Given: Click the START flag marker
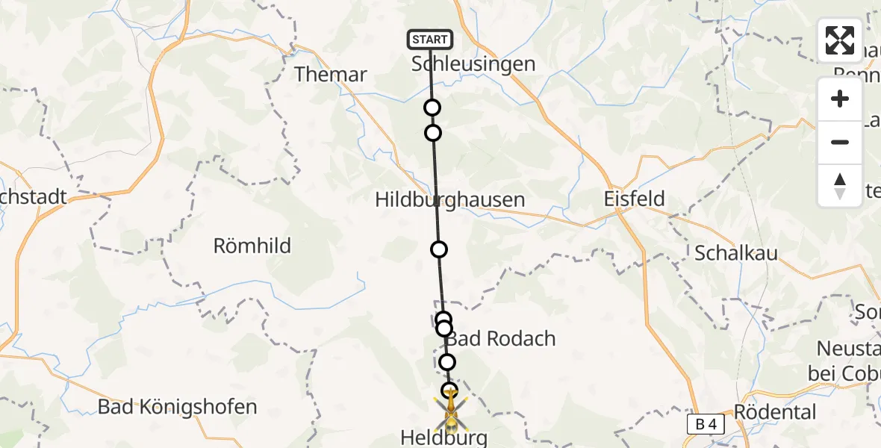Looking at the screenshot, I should point(430,40).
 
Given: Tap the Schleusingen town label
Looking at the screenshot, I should point(473,64).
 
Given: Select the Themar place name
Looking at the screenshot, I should point(331,75).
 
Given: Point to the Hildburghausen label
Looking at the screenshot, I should point(450,200).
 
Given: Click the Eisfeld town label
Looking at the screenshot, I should point(634,200).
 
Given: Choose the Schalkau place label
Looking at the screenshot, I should point(736,253).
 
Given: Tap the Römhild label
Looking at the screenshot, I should point(252,246).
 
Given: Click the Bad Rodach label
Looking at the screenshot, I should point(502,339).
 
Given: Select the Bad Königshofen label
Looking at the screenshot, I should point(178,408).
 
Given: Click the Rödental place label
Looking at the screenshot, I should point(775,412).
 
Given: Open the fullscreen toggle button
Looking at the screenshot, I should point(840,40).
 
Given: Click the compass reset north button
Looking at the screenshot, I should point(840,186).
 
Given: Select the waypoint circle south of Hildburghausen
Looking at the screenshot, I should point(439,249).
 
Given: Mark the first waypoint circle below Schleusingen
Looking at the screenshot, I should point(432,108).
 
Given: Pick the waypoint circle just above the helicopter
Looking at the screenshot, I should point(449,390).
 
